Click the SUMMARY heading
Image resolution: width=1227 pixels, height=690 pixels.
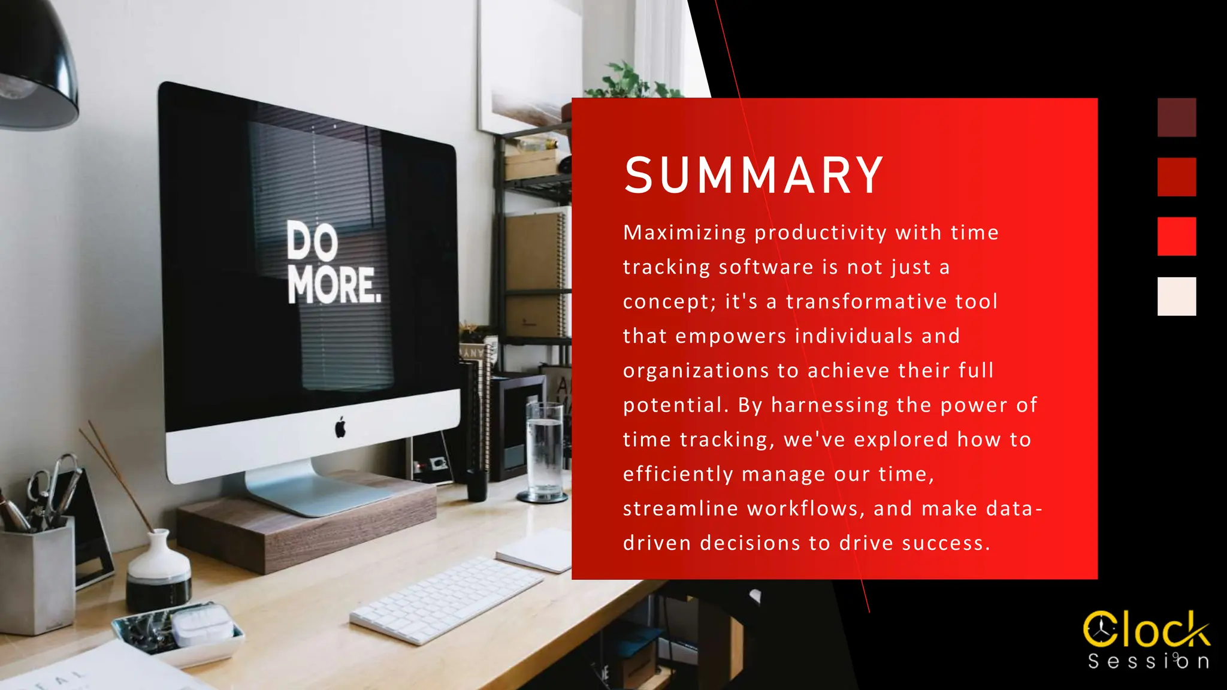point(754,175)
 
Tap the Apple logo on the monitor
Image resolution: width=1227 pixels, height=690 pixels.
point(340,428)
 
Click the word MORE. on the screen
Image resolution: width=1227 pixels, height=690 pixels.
point(334,285)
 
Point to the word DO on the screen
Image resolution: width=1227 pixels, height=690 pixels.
point(312,240)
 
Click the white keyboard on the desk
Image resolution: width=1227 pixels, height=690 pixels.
point(446,599)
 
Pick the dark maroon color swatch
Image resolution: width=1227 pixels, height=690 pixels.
point(1177,117)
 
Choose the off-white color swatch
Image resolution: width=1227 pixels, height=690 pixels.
point(1177,296)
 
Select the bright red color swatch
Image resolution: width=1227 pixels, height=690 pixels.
point(1177,236)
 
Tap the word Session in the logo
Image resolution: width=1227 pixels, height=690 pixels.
point(1148,661)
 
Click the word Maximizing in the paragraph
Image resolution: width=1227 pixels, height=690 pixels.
point(684,233)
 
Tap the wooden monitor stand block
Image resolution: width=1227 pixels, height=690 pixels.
point(300,527)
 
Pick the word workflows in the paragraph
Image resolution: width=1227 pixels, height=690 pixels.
point(802,509)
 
